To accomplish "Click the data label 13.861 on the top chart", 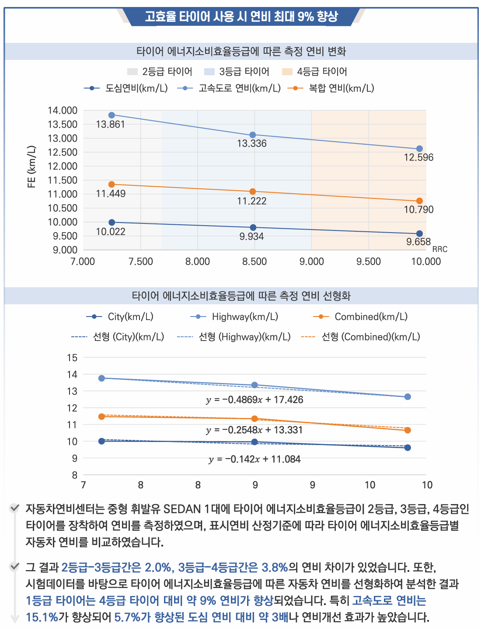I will (110, 125).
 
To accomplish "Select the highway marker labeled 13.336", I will (253, 135).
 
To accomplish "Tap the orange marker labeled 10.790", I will (419, 201).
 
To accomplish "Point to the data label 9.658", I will (418, 242).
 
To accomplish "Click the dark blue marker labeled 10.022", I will (112, 223).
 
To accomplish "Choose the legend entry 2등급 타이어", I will (160, 72).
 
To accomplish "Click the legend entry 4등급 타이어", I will (314, 72).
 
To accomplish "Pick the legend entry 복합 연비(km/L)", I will (331, 88).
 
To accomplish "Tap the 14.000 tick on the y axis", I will (63, 111).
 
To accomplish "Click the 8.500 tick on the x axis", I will (254, 261).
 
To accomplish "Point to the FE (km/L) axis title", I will (31, 167).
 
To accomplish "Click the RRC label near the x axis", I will (439, 249).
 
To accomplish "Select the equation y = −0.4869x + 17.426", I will (254, 400).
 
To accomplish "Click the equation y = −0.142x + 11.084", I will (254, 459).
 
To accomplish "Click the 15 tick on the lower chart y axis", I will (72, 358).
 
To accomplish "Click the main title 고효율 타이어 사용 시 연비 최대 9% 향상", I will (241, 17).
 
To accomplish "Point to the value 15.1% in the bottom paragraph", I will (42, 617).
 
